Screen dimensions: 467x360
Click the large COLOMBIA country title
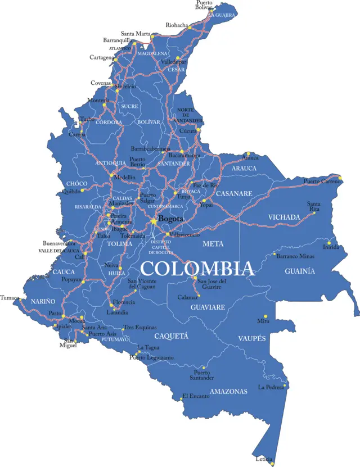point(196,269)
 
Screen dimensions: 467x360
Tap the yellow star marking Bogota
point(153,221)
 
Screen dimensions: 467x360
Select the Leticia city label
point(264,459)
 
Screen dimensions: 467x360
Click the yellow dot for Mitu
point(265,316)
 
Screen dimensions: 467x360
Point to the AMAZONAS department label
point(228,391)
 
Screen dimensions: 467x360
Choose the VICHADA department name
point(283,217)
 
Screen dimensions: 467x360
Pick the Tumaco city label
point(10,298)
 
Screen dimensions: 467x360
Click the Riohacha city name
point(177,25)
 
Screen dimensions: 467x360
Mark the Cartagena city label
point(101,57)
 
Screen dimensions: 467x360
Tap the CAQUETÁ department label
point(171,336)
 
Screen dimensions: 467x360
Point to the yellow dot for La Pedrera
point(286,386)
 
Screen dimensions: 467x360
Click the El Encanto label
point(196,396)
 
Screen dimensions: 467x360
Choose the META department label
point(213,244)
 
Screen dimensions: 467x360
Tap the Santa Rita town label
point(314,206)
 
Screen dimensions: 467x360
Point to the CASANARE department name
point(234,193)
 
